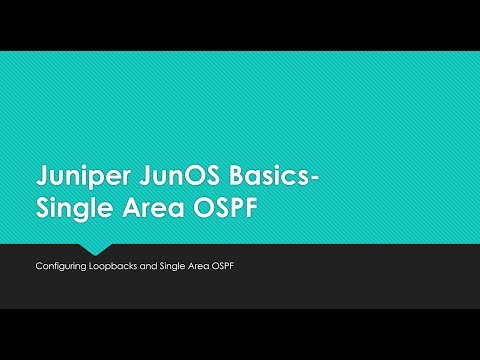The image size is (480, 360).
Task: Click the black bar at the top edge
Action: [x=240, y=25]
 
